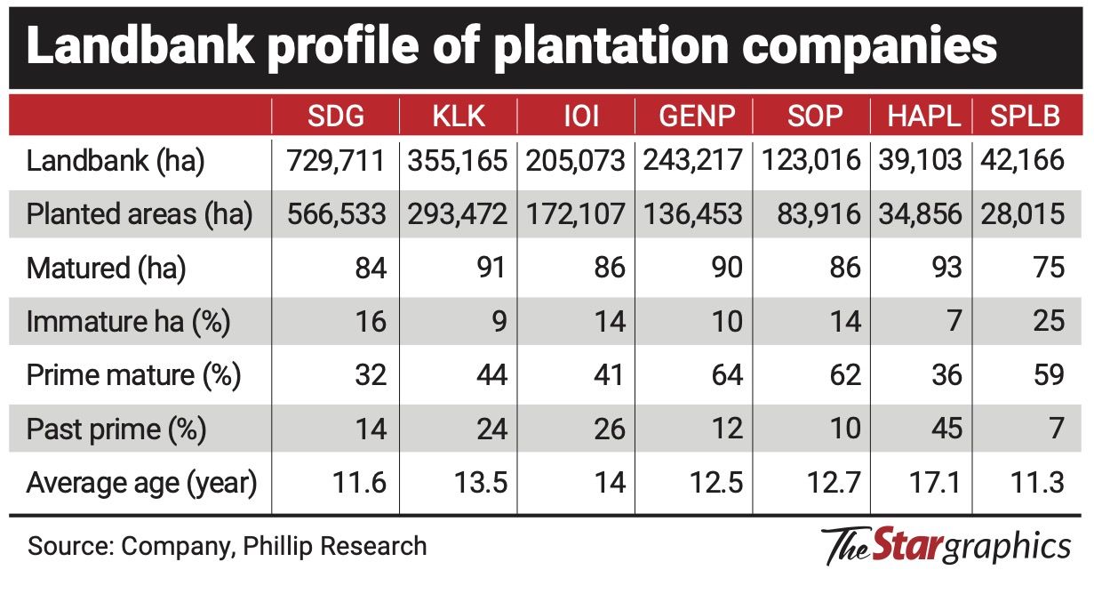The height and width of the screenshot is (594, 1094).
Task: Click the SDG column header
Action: (x=335, y=115)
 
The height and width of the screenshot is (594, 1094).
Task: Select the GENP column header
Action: (x=691, y=115)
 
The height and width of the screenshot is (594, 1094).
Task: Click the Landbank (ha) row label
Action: (x=116, y=161)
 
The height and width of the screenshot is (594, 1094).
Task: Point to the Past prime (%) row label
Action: (x=116, y=429)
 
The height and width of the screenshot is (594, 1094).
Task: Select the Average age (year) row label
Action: (x=141, y=483)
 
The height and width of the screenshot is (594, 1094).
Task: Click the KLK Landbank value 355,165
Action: (x=458, y=161)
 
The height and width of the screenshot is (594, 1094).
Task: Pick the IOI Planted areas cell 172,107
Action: (x=575, y=214)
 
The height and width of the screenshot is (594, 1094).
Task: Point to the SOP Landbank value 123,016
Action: (x=811, y=161)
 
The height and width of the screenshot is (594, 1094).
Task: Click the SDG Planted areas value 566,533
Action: (x=335, y=214)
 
